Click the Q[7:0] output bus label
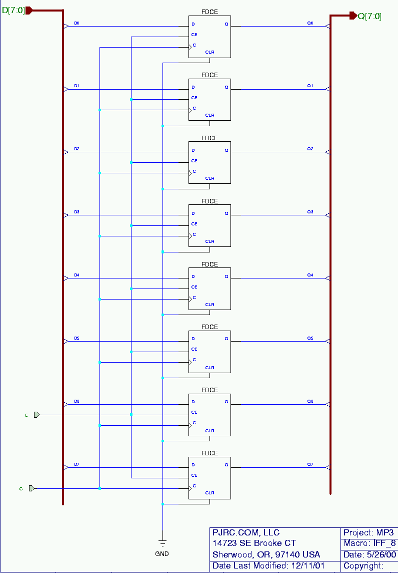(x=369, y=16)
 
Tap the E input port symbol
(x=36, y=415)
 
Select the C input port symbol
(x=31, y=488)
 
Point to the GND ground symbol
(x=162, y=543)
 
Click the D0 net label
(x=76, y=23)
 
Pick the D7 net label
(x=76, y=465)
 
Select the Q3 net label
(x=310, y=212)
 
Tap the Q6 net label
(x=310, y=402)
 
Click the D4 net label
(x=76, y=275)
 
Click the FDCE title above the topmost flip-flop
(x=209, y=12)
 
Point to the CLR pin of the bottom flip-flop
(x=209, y=493)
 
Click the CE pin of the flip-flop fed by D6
(x=194, y=412)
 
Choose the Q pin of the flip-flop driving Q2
(x=226, y=150)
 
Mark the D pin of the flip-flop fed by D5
(x=193, y=339)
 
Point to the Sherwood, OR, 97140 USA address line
(x=266, y=554)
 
